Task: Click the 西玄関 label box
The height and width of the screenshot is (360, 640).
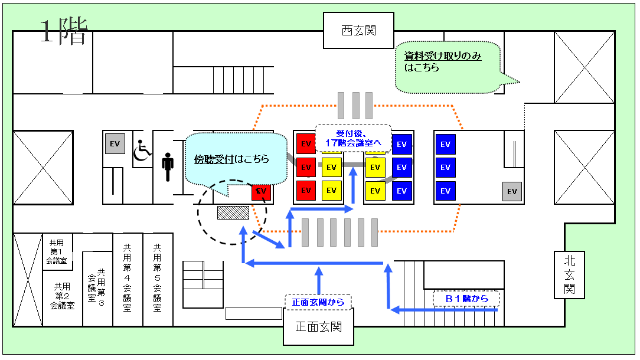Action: [x=359, y=31]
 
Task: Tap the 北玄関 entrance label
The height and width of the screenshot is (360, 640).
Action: [x=569, y=275]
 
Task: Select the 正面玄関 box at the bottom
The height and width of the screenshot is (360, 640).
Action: [x=319, y=327]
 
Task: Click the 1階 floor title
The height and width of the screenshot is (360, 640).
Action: [x=63, y=32]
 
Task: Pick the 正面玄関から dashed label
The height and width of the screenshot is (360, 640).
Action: [x=318, y=302]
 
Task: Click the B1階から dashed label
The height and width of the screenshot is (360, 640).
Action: [x=466, y=299]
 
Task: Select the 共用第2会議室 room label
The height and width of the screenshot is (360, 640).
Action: [x=62, y=296]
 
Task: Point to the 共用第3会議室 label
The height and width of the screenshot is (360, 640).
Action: [x=97, y=284]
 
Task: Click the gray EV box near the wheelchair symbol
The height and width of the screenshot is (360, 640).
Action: [x=115, y=144]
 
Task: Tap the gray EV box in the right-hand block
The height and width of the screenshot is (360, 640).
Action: [x=512, y=191]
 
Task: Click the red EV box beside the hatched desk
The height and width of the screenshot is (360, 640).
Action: [x=261, y=191]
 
